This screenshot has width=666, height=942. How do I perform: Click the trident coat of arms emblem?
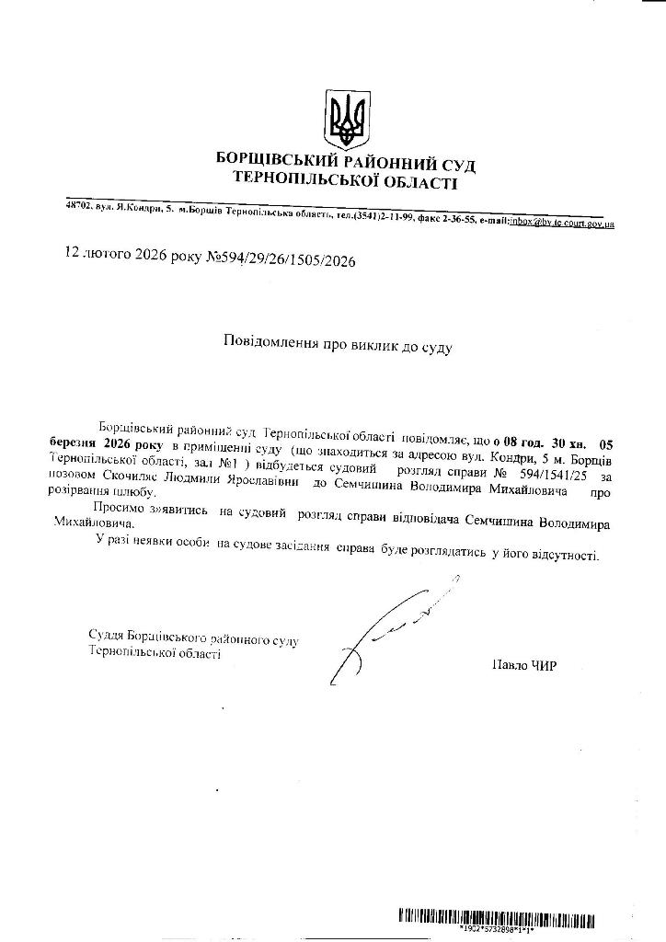pos(348,120)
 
